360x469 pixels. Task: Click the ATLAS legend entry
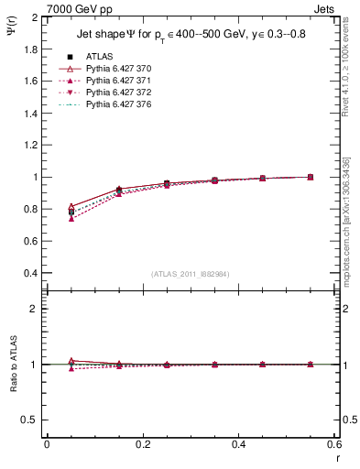[x=99, y=57]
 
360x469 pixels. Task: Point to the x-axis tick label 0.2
[x=142, y=443]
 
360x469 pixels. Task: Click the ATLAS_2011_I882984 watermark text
[x=191, y=274]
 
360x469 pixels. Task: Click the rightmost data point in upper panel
[x=311, y=177]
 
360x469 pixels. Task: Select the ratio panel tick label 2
[x=34, y=309]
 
